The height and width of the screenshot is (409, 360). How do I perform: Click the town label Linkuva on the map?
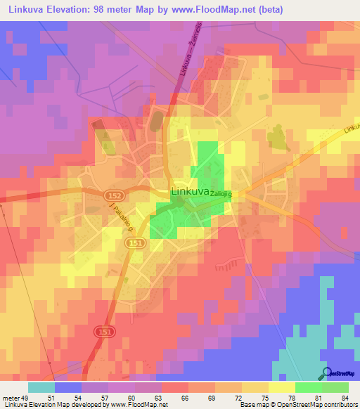point(189,190)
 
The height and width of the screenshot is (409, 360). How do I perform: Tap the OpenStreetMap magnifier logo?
point(327,374)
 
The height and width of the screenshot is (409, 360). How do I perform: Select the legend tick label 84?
point(344,397)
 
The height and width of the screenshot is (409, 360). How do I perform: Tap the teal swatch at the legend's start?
point(41,387)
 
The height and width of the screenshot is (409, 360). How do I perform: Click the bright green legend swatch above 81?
point(308,387)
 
